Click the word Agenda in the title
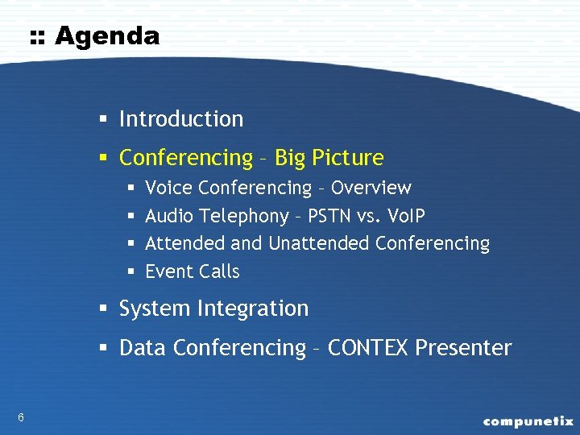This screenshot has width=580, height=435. (107, 36)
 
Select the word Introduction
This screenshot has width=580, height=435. (180, 119)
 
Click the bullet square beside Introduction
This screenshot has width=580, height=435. (104, 120)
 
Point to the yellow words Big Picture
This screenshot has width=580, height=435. (329, 158)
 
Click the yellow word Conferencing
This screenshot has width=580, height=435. (185, 158)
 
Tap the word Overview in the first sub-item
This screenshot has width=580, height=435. (371, 188)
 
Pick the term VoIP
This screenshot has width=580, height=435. (405, 216)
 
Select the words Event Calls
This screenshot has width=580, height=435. (192, 271)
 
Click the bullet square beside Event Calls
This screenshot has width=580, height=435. (130, 272)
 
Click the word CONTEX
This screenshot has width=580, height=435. (369, 348)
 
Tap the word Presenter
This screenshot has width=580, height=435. (463, 348)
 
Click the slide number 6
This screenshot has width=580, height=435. (20, 416)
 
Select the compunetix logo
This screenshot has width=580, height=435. (528, 420)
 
